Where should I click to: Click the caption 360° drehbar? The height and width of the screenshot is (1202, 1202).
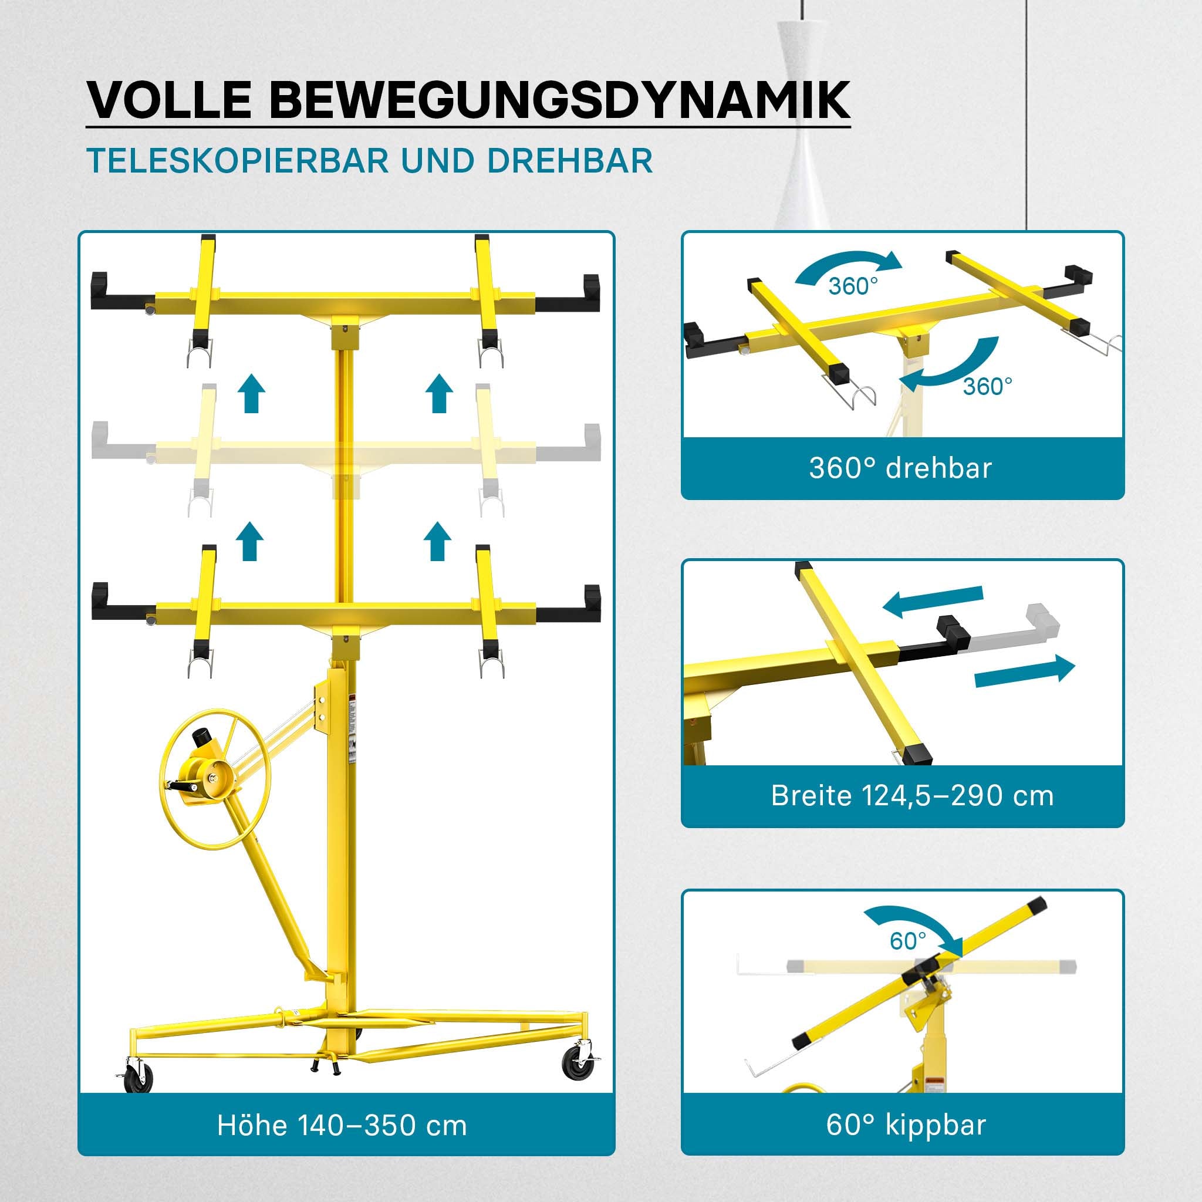(x=900, y=468)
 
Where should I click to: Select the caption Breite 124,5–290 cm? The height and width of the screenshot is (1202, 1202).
(x=913, y=796)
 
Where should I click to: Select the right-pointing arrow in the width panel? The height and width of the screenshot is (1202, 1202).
(x=1025, y=673)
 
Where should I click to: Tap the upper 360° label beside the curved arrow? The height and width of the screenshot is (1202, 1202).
(x=853, y=286)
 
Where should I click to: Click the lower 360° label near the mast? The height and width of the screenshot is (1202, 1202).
(x=988, y=386)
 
